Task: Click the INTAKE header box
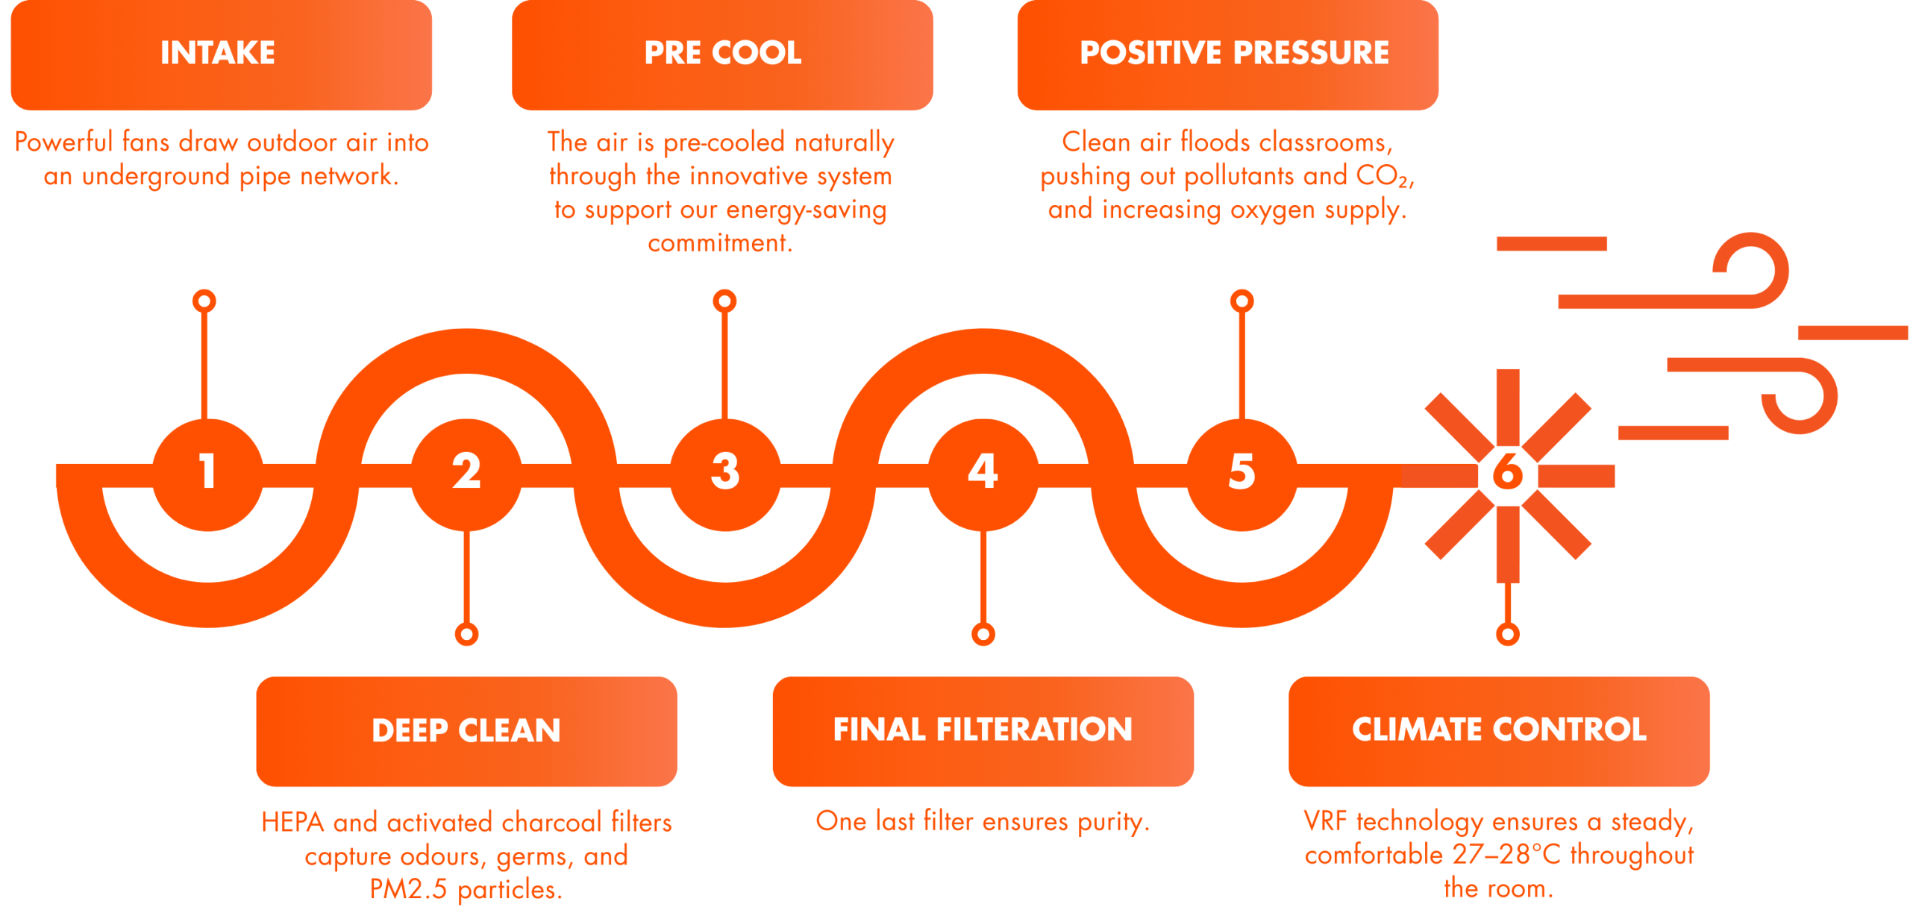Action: [x=221, y=55]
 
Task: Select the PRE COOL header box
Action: [x=722, y=55]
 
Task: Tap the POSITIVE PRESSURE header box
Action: [x=1227, y=55]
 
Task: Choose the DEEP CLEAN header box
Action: [x=466, y=731]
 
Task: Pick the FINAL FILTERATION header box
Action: [x=983, y=731]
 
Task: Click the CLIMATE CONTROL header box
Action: [x=1499, y=731]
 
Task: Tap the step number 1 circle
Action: [x=207, y=473]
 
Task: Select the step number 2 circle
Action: [x=466, y=473]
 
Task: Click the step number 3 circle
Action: [x=724, y=473]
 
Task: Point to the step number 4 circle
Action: [x=983, y=473]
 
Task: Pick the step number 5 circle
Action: [x=1241, y=473]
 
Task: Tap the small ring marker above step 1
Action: [x=204, y=301]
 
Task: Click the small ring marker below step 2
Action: [x=466, y=635]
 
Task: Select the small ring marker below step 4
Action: [x=983, y=635]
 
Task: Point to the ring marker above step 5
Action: [x=1241, y=301]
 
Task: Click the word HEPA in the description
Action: [x=292, y=823]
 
